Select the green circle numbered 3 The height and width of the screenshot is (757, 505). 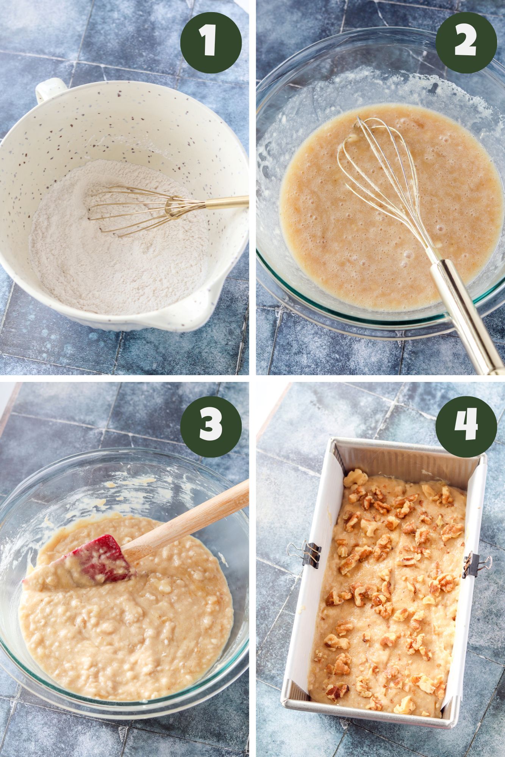pos(211,427)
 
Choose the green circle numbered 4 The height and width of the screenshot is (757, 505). pos(466,427)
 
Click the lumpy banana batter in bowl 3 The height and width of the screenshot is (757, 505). pos(125,636)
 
